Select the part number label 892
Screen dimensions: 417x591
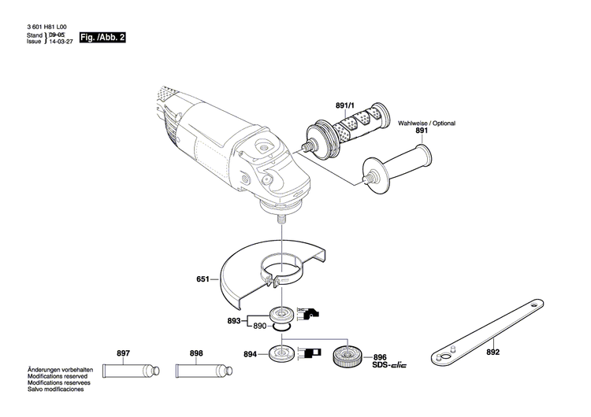492,332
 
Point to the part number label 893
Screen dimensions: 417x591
233,320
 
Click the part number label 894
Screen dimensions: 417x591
251,355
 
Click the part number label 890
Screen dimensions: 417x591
259,325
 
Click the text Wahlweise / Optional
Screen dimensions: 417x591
426,124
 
